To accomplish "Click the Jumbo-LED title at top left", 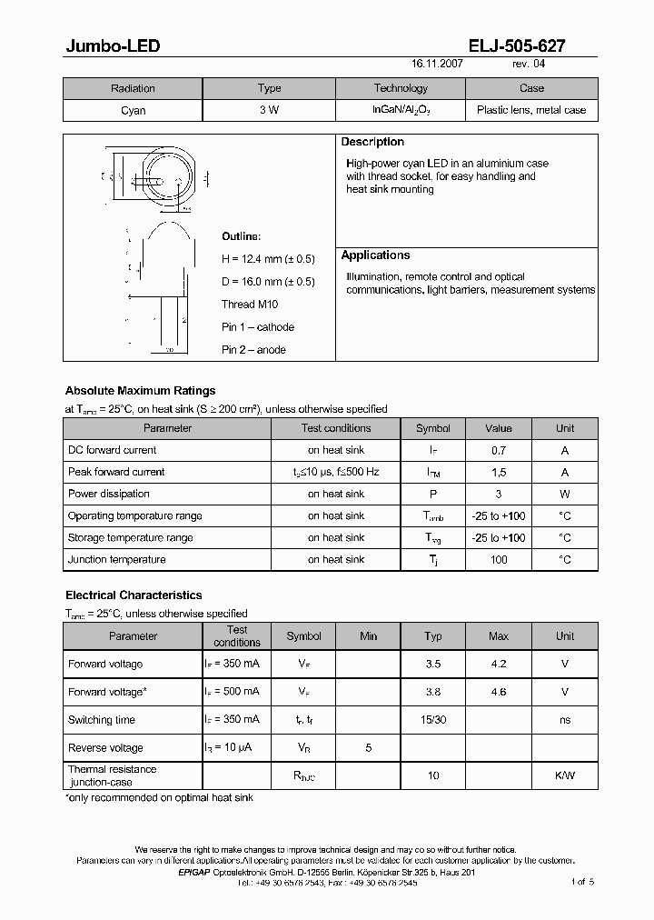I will (x=113, y=45).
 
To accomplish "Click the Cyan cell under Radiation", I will (x=133, y=111).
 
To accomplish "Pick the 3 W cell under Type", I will (x=269, y=111).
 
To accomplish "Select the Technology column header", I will (x=401, y=88).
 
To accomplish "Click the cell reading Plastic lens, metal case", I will (x=531, y=111).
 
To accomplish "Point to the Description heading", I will (x=372, y=142).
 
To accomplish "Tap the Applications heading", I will (x=375, y=255).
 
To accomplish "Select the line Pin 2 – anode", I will (x=253, y=350).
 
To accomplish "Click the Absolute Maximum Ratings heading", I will (x=140, y=391).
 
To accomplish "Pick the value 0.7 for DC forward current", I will (x=498, y=450).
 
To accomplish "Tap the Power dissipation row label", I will (x=109, y=494).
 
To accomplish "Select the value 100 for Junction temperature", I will (x=498, y=560).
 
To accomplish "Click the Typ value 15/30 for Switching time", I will (x=433, y=720).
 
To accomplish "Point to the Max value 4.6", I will (x=498, y=692).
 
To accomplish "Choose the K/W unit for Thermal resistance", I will (x=565, y=775).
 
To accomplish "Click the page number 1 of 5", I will (x=582, y=882).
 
